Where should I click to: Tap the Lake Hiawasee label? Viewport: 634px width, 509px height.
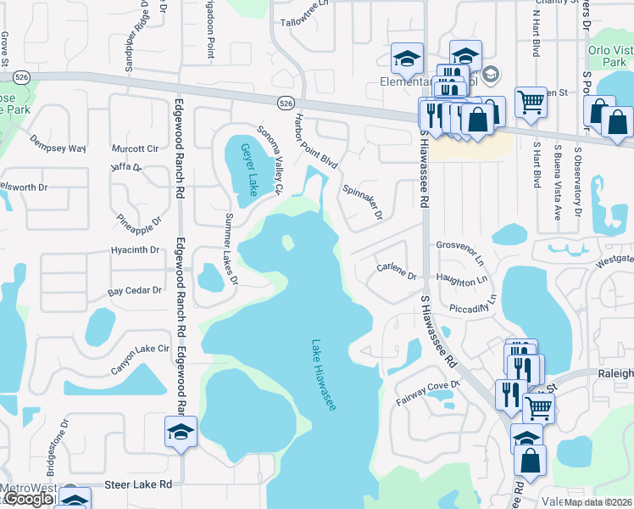tap(324, 376)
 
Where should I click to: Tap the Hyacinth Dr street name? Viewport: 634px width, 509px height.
tap(135, 250)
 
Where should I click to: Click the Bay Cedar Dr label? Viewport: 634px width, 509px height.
tap(134, 290)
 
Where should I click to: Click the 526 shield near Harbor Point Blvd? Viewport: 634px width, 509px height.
tap(286, 102)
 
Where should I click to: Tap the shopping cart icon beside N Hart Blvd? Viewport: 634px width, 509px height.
tap(531, 102)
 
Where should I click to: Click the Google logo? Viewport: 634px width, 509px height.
tap(27, 499)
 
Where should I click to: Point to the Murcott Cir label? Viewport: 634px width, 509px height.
tap(135, 148)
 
